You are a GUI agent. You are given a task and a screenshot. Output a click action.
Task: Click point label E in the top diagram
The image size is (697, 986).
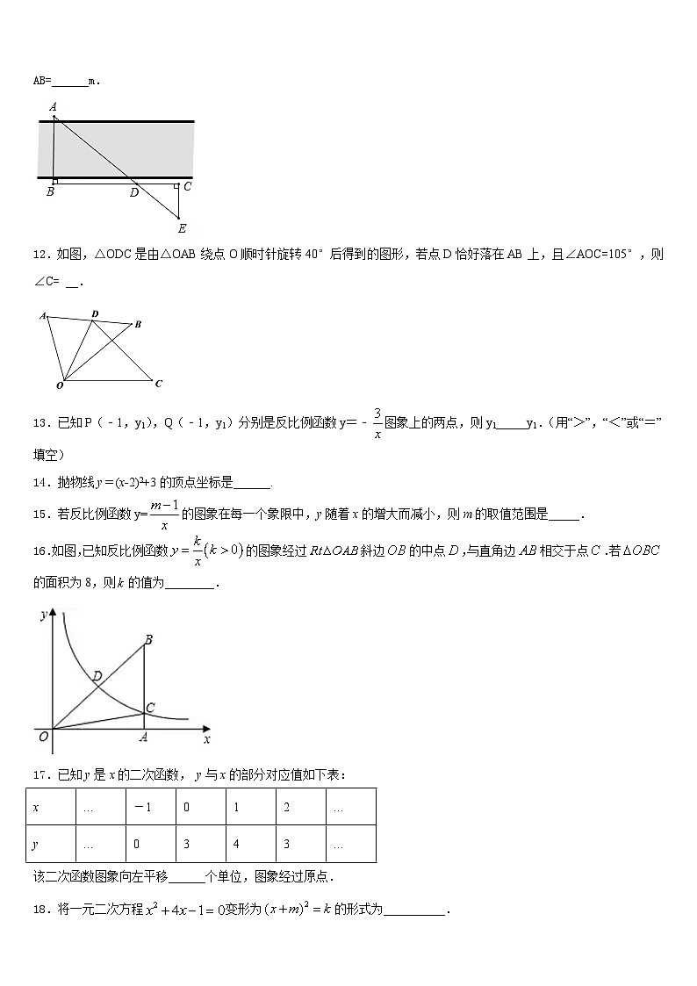[181, 229]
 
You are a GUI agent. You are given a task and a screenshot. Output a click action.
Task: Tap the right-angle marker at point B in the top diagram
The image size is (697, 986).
[55, 182]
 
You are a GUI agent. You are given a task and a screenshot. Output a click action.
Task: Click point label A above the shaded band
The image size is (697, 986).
[54, 107]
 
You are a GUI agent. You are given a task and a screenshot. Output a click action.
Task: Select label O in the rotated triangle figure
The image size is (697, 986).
[60, 385]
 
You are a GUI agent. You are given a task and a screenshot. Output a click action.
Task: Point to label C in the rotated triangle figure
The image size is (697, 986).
[158, 384]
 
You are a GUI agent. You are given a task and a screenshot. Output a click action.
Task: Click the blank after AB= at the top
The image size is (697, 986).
[69, 82]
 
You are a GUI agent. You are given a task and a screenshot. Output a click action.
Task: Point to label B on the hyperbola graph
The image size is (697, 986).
[148, 640]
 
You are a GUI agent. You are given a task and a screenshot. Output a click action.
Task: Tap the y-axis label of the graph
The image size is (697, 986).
[43, 615]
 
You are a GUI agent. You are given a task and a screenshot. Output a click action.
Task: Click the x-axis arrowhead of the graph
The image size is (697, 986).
[206, 729]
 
